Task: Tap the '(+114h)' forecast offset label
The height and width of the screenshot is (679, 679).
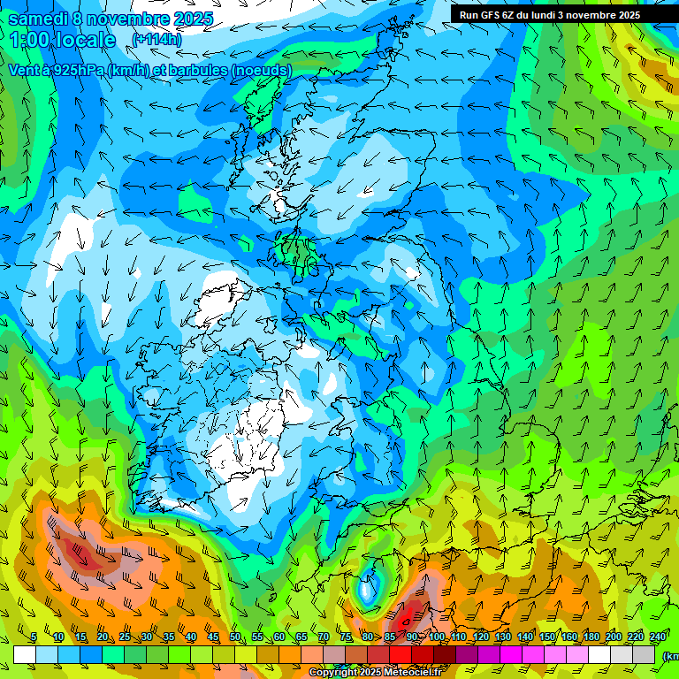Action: [x=156, y=39]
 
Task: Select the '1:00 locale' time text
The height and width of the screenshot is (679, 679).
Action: [x=63, y=40]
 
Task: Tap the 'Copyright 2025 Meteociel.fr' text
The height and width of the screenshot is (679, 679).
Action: [x=376, y=673]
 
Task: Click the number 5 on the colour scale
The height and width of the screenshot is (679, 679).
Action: [x=34, y=637]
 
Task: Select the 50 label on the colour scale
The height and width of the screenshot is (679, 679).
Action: [x=235, y=637]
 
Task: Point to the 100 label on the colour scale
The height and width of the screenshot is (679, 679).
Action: [x=437, y=637]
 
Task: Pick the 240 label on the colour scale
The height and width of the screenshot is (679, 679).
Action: [x=658, y=637]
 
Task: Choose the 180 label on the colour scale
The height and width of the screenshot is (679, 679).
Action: [x=591, y=637]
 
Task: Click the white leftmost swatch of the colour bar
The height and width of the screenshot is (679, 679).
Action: [x=25, y=654]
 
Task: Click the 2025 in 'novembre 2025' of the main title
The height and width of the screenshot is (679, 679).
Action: [x=194, y=18]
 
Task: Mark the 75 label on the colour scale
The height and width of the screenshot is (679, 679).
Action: [x=346, y=637]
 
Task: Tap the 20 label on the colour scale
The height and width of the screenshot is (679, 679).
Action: [x=103, y=637]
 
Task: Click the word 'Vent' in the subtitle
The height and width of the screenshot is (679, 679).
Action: [x=24, y=70]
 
